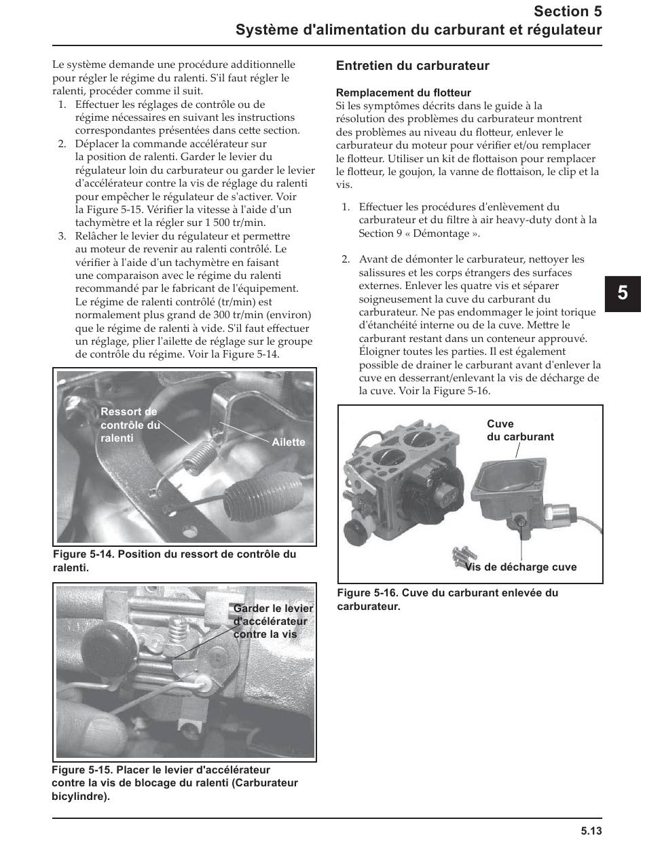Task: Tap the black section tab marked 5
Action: [x=623, y=293]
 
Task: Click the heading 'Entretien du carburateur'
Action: [x=413, y=66]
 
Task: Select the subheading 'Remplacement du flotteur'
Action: [x=403, y=92]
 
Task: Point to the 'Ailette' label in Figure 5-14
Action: [x=289, y=442]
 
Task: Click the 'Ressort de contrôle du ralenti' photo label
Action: [x=130, y=425]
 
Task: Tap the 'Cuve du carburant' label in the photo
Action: [x=520, y=430]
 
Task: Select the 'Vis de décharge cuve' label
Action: [x=521, y=567]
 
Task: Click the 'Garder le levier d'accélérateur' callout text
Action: [x=273, y=621]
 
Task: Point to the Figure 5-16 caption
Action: [x=447, y=599]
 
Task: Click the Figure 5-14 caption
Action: [x=174, y=560]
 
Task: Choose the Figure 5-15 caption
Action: [x=174, y=783]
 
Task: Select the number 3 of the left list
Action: [x=61, y=236]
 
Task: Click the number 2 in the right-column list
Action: [x=345, y=259]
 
